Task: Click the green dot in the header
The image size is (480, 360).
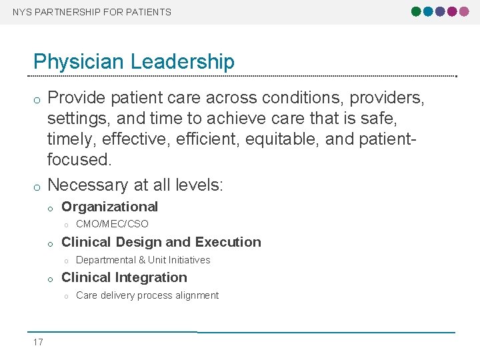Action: click(417, 12)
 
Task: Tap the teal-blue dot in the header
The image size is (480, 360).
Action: click(428, 12)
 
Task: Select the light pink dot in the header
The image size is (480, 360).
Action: click(464, 12)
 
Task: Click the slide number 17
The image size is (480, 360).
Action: click(38, 342)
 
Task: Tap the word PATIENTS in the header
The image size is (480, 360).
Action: click(151, 12)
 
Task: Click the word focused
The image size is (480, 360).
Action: click(79, 160)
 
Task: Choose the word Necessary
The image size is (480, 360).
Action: click(91, 185)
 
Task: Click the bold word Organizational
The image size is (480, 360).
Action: click(109, 207)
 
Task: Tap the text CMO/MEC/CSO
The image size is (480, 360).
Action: click(112, 224)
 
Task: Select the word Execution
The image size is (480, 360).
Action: click(228, 242)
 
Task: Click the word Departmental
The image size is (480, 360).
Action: click(105, 260)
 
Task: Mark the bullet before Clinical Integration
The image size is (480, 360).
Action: click(50, 279)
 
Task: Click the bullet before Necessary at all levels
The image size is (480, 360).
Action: click(37, 186)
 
